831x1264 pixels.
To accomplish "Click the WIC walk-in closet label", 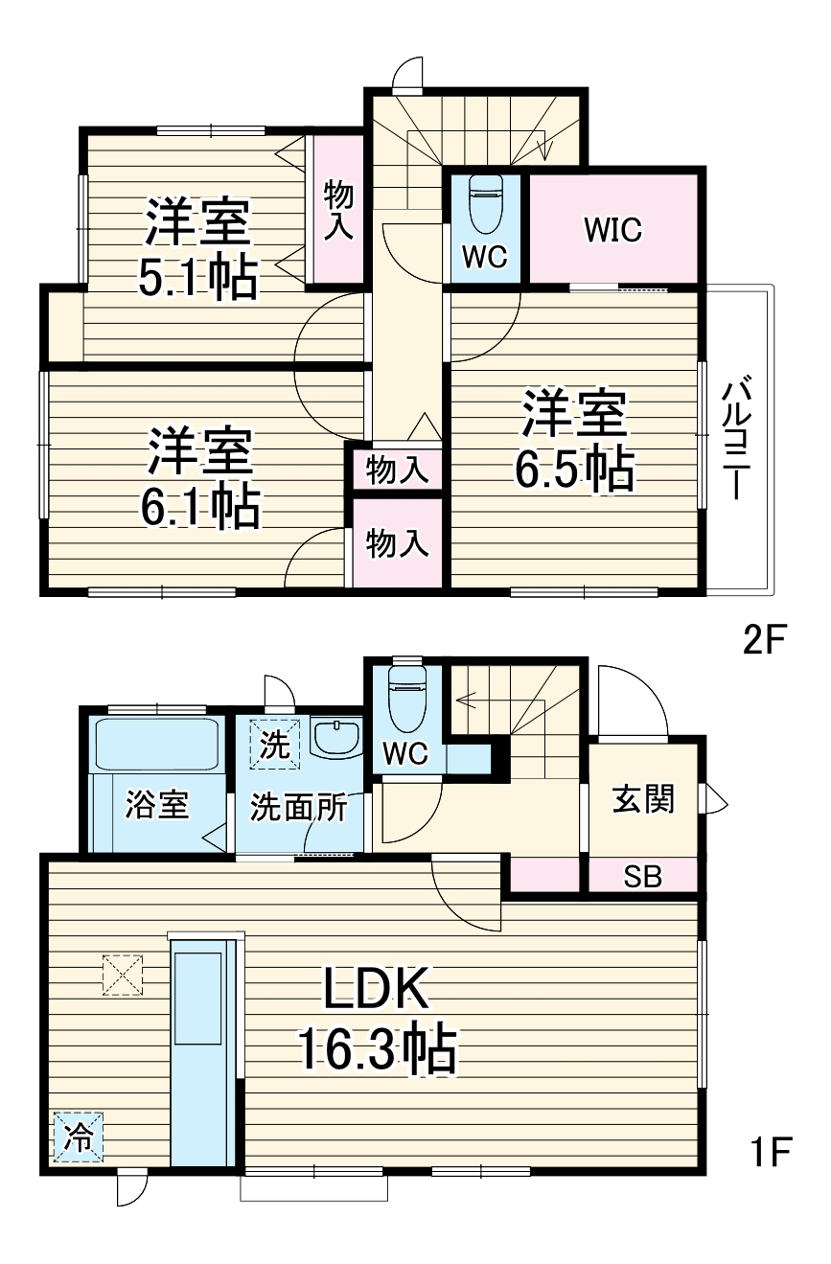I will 613,230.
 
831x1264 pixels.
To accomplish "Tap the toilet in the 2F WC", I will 486,201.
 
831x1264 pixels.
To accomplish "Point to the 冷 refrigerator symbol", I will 78,1138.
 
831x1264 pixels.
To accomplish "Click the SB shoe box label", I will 642,877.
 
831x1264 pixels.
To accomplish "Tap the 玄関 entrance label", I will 643,797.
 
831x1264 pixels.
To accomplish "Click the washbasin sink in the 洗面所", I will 335,739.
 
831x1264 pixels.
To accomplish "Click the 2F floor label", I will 764,638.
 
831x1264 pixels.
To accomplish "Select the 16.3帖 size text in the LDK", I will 376,1049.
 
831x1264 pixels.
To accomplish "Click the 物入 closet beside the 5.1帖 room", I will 338,209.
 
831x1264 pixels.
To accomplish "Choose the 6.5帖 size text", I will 574,470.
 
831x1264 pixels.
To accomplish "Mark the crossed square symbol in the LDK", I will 122,975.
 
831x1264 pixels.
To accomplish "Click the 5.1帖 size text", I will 199,277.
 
